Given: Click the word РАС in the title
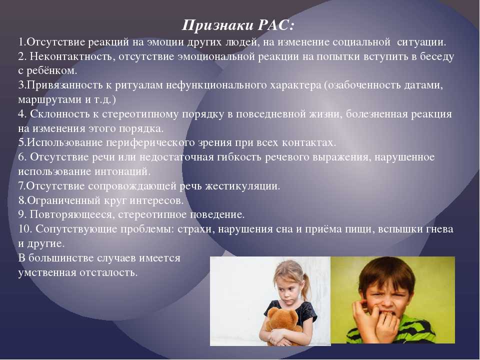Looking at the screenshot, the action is click(276, 25).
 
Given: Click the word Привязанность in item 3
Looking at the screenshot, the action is click(65, 85).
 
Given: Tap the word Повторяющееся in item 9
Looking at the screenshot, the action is click(72, 214).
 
